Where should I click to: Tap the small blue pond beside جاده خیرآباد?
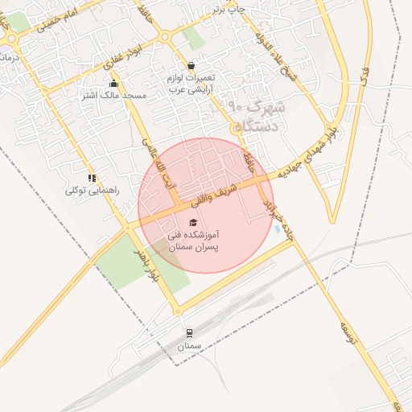(x=279, y=230)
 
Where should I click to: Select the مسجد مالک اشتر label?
(x=113, y=95)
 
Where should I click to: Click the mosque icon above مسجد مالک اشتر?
(x=113, y=83)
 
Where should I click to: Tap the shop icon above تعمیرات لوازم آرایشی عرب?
(x=191, y=66)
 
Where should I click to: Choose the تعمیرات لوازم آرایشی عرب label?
(x=190, y=84)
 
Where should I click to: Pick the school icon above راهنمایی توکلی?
(x=93, y=178)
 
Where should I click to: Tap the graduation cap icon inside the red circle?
(x=193, y=222)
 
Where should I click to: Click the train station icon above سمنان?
(x=189, y=332)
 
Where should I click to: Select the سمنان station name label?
(x=188, y=346)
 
